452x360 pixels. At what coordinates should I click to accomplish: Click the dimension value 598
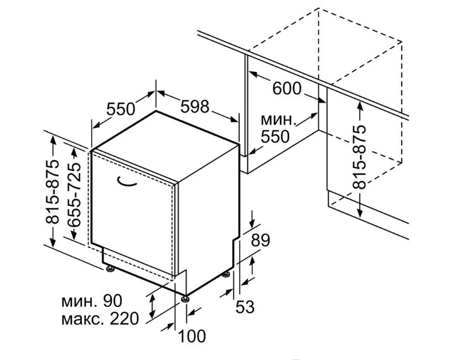click(x=195, y=106)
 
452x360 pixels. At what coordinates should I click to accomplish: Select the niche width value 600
click(x=287, y=89)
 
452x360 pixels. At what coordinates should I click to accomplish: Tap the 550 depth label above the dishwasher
click(x=121, y=109)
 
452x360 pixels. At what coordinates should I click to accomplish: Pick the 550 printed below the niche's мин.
click(x=275, y=136)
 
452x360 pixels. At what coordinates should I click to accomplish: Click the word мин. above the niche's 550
click(x=278, y=120)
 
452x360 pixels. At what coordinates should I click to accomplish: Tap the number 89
click(x=261, y=240)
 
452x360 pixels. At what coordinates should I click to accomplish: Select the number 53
click(x=245, y=307)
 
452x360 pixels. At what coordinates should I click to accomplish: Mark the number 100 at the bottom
click(x=192, y=336)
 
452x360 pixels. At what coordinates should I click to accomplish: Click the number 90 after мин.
click(x=112, y=301)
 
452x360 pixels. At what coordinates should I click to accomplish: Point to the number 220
click(x=124, y=318)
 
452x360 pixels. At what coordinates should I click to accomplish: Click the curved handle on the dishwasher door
click(x=126, y=182)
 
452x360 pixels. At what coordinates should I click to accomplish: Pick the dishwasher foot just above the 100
click(x=185, y=298)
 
